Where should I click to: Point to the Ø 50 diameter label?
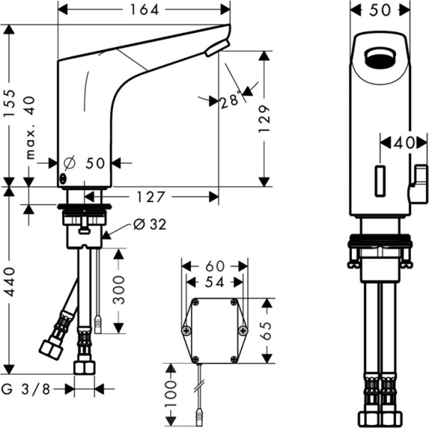[x=87, y=163]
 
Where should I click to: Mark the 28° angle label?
[x=230, y=101]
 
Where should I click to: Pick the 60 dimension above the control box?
[x=213, y=266]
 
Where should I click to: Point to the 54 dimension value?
[x=213, y=282]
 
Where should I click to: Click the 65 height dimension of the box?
[x=265, y=330]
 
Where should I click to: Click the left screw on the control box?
[x=187, y=330]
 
